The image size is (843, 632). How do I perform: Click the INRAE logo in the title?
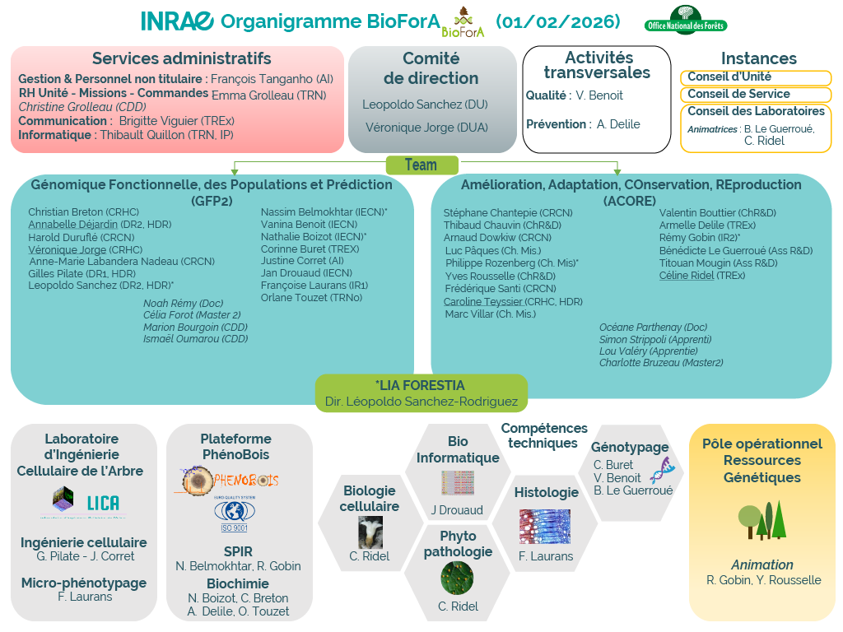click(x=177, y=21)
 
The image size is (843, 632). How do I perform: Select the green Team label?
click(x=421, y=165)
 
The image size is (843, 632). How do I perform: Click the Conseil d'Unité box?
click(x=755, y=77)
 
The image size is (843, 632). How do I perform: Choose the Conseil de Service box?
click(x=755, y=94)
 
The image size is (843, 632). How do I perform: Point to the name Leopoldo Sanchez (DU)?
click(x=425, y=105)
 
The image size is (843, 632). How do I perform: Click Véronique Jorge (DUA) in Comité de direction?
click(x=426, y=127)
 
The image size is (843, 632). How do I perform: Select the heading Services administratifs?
click(x=181, y=58)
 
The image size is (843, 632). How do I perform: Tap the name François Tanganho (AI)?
click(x=272, y=79)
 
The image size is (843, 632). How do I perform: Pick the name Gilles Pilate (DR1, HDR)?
click(x=82, y=273)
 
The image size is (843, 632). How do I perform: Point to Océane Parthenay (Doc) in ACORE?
click(x=653, y=328)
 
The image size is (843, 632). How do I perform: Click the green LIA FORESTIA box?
click(x=421, y=393)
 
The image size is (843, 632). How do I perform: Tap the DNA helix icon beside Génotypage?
click(x=662, y=471)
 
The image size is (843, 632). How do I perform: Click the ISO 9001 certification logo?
click(x=235, y=515)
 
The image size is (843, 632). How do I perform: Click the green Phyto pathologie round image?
click(x=457, y=578)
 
